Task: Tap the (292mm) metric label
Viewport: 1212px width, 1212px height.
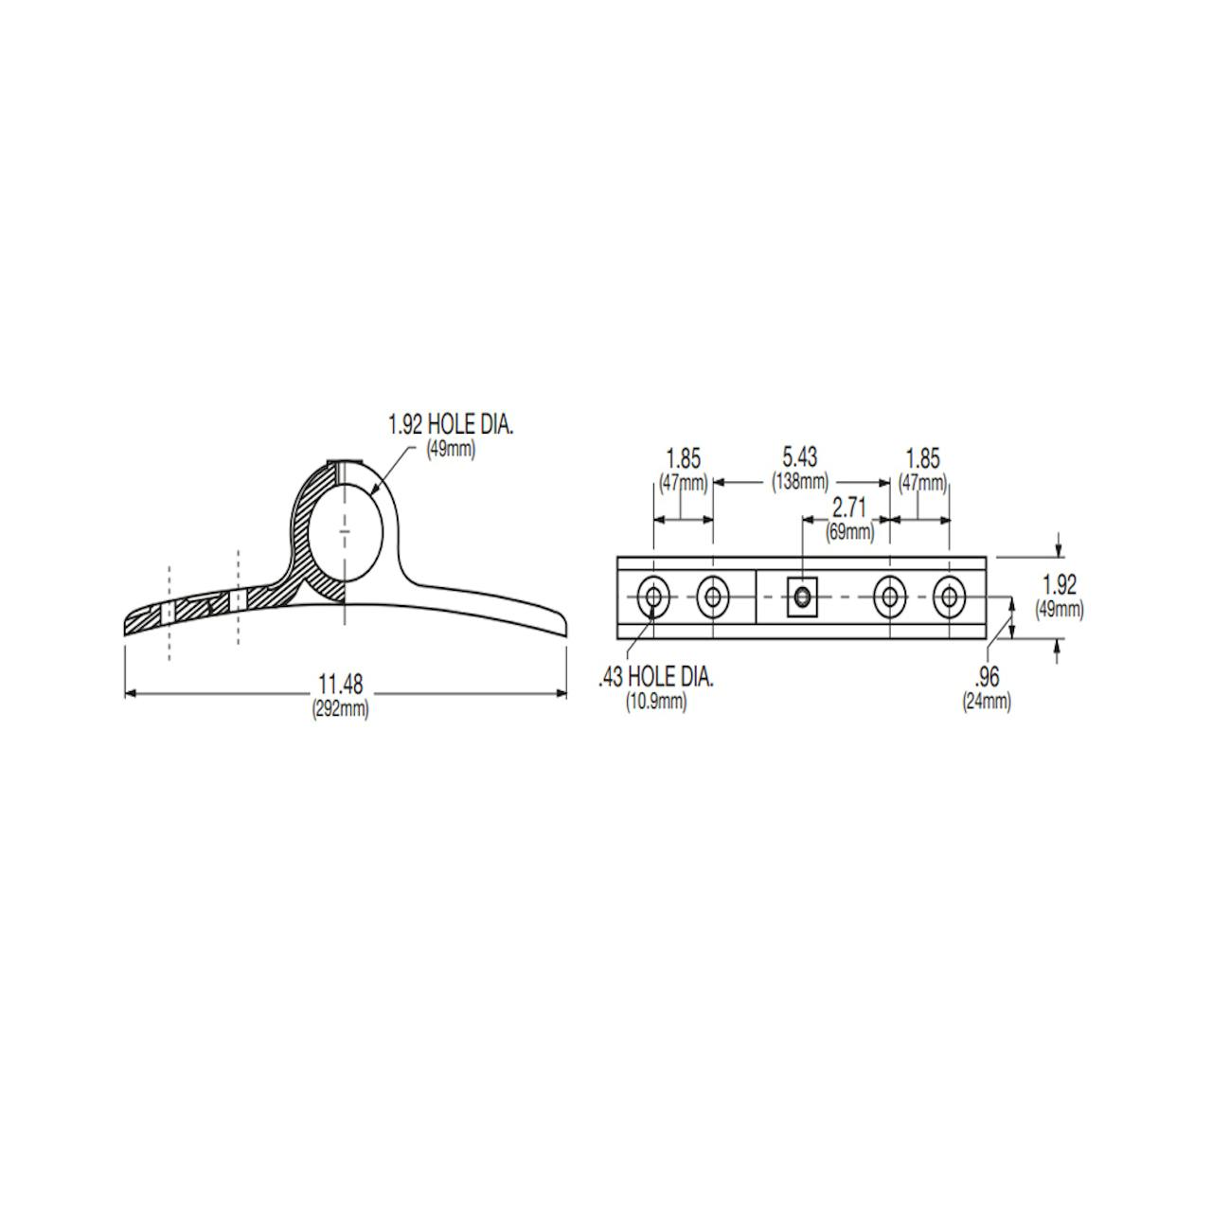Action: tap(341, 708)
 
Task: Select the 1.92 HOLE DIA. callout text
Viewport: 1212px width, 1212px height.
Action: tap(451, 425)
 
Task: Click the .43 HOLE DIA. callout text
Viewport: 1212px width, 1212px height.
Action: tap(656, 678)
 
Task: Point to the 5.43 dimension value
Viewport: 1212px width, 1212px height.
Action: tap(799, 458)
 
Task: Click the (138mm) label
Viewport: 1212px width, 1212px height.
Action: tap(800, 481)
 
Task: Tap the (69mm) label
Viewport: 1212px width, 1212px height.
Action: tap(849, 531)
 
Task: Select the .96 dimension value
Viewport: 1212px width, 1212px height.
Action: tap(987, 678)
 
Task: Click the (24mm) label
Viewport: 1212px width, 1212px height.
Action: tap(987, 702)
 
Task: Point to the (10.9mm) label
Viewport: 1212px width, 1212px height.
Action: tap(656, 702)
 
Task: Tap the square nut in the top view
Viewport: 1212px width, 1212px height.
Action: tap(803, 597)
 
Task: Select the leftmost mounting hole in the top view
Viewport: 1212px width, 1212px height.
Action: tap(652, 597)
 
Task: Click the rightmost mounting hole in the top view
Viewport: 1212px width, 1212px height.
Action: tap(949, 597)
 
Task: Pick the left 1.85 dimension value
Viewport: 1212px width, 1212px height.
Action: tap(684, 459)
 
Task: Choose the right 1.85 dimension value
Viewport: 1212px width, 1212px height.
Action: tap(922, 459)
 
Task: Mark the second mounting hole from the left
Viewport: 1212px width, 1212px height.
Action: tap(712, 597)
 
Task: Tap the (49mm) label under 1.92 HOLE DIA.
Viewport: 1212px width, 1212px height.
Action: tap(451, 449)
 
